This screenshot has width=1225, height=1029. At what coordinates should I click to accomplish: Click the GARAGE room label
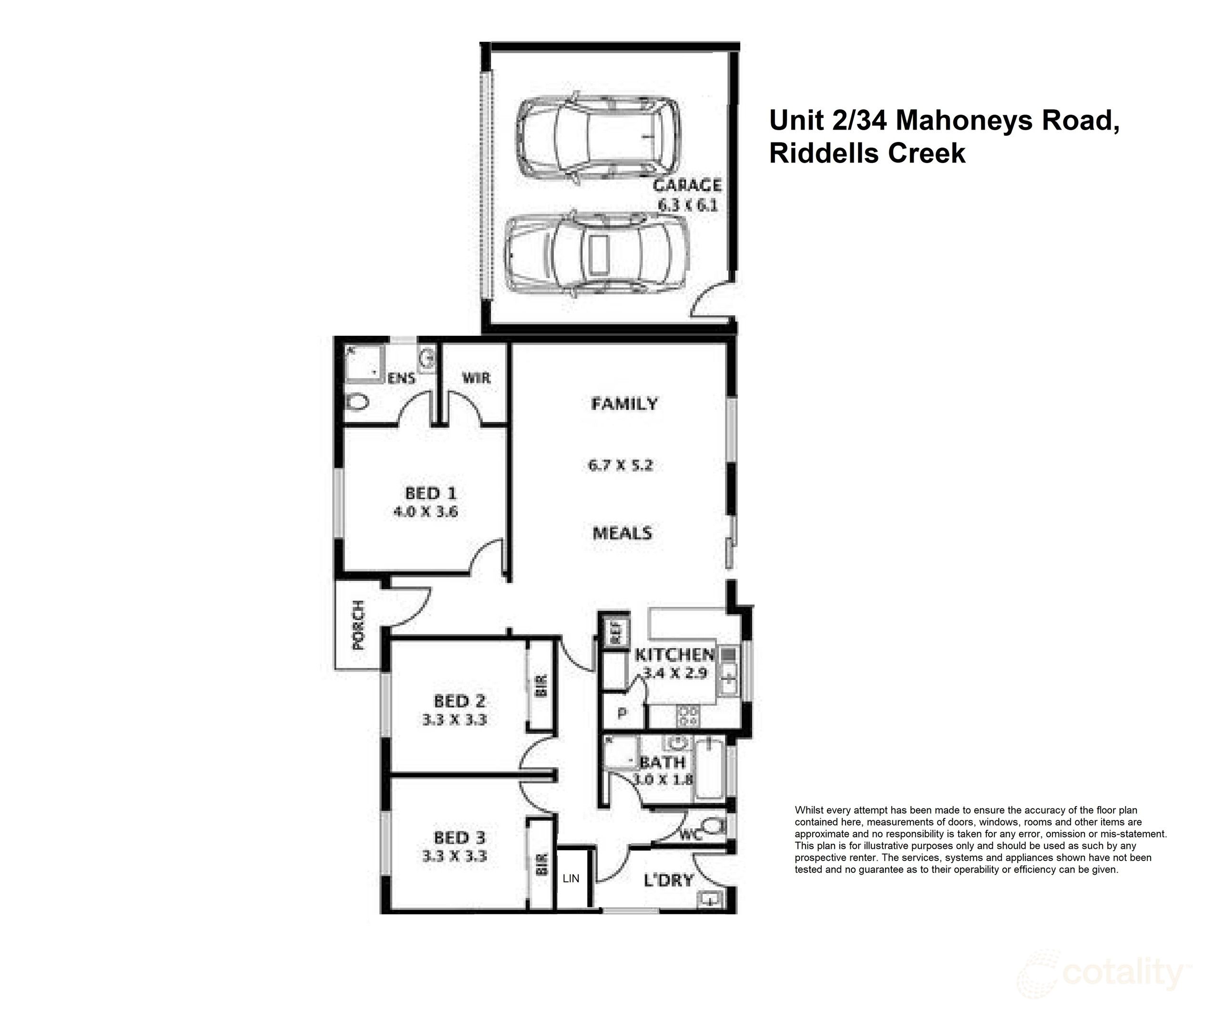coord(687,185)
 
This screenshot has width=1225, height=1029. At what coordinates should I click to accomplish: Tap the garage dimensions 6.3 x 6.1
coord(687,205)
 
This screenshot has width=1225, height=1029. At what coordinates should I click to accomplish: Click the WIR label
coord(476,378)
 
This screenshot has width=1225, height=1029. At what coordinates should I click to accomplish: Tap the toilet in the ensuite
coord(357,402)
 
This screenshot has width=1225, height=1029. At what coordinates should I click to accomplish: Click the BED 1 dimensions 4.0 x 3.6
coord(426,512)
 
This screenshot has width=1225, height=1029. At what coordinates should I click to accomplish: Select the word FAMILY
coord(624,404)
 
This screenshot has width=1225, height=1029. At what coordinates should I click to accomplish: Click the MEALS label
coord(622,533)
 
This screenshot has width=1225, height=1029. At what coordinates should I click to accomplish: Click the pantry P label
coord(622,713)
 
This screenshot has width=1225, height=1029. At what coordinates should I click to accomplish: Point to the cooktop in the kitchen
coord(687,715)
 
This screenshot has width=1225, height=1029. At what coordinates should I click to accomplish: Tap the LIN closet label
coord(571,878)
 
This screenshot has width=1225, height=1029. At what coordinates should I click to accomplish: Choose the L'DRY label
coord(669,880)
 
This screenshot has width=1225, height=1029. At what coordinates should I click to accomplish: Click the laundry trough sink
coord(710,899)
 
